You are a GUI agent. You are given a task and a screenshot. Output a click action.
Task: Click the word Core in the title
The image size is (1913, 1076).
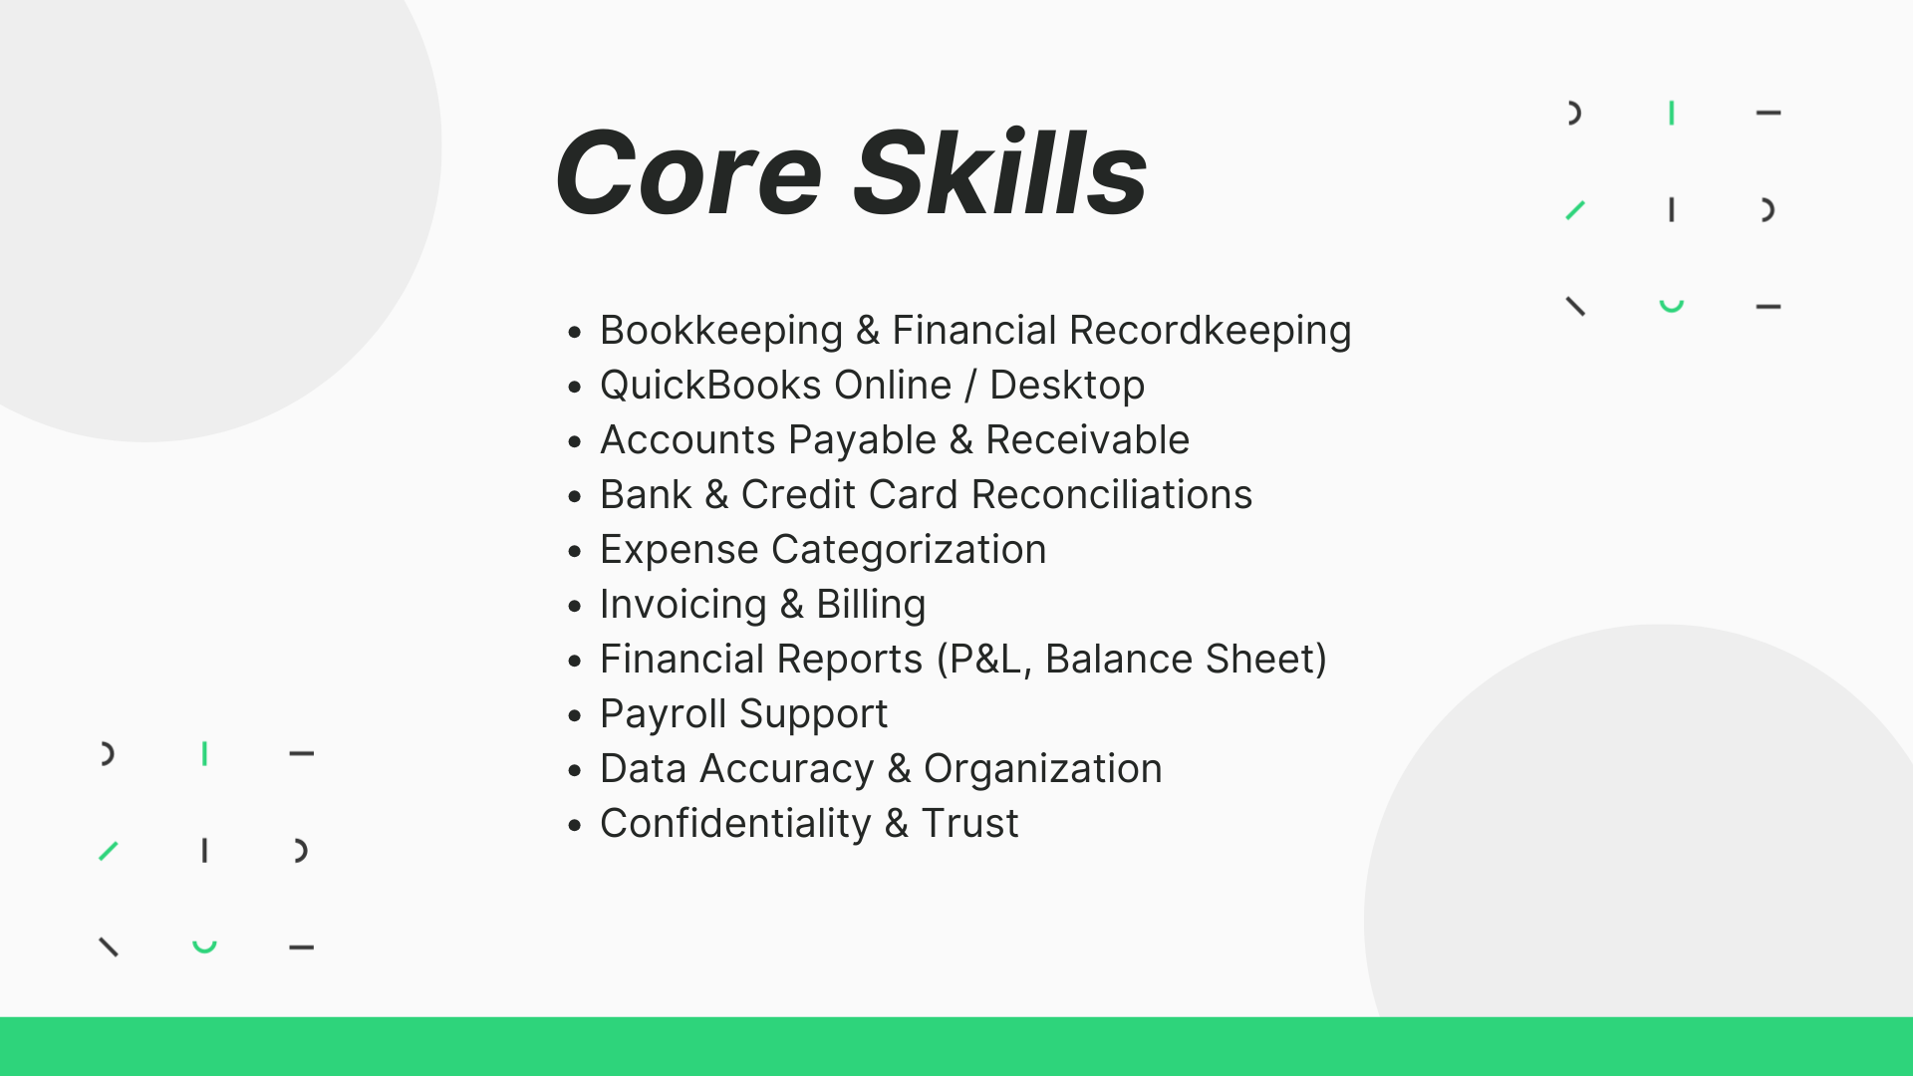(688, 173)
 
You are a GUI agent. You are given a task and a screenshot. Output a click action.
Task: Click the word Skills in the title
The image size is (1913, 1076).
(1000, 171)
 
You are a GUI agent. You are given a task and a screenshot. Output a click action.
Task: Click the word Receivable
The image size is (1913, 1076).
(1087, 440)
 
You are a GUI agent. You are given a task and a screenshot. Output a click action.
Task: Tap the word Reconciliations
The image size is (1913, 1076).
(1111, 495)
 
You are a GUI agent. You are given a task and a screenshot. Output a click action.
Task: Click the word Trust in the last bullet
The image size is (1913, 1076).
(969, 824)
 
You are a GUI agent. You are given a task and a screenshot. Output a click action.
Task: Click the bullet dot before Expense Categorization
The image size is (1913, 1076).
(574, 551)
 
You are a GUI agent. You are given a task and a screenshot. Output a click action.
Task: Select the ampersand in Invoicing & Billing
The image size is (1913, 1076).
(791, 605)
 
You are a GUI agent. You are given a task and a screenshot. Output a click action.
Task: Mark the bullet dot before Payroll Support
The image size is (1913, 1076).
(574, 715)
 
